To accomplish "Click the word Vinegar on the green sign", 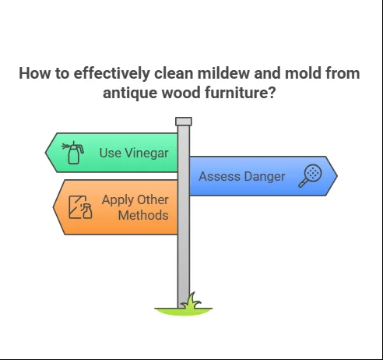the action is pos(146,153).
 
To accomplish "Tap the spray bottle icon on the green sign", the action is pos(73,153).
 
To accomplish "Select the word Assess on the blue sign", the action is pos(220,177).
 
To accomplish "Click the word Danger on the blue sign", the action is pos(265,177).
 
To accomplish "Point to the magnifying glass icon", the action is pos(310,175).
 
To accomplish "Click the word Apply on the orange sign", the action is pos(118,200).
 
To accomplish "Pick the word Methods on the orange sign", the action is pos(143,215).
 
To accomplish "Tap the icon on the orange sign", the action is pos(80,207).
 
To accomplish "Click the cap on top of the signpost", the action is pos(184,122).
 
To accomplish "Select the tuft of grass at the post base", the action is pos(192,302).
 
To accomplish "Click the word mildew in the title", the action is pos(224,73).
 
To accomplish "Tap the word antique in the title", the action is pos(130,93).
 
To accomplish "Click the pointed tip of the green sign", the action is pos(45,153).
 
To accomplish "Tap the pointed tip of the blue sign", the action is pos(337,176).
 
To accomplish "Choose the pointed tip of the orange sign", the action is pos(53,207).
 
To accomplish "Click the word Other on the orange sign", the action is pos(153,199).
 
